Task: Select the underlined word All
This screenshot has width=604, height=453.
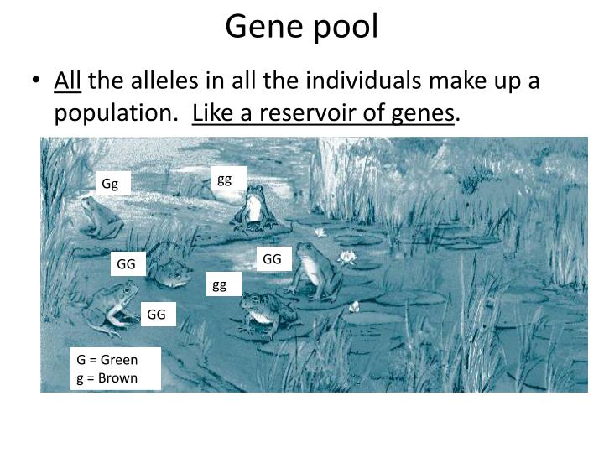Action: click(67, 81)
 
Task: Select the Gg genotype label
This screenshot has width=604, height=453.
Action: click(111, 184)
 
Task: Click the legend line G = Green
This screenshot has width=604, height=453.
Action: click(107, 360)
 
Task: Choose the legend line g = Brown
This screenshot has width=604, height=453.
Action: click(107, 377)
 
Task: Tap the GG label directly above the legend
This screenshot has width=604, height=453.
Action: click(157, 315)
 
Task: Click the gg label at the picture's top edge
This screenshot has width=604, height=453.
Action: click(224, 179)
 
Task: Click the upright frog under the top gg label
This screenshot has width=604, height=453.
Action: click(253, 211)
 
